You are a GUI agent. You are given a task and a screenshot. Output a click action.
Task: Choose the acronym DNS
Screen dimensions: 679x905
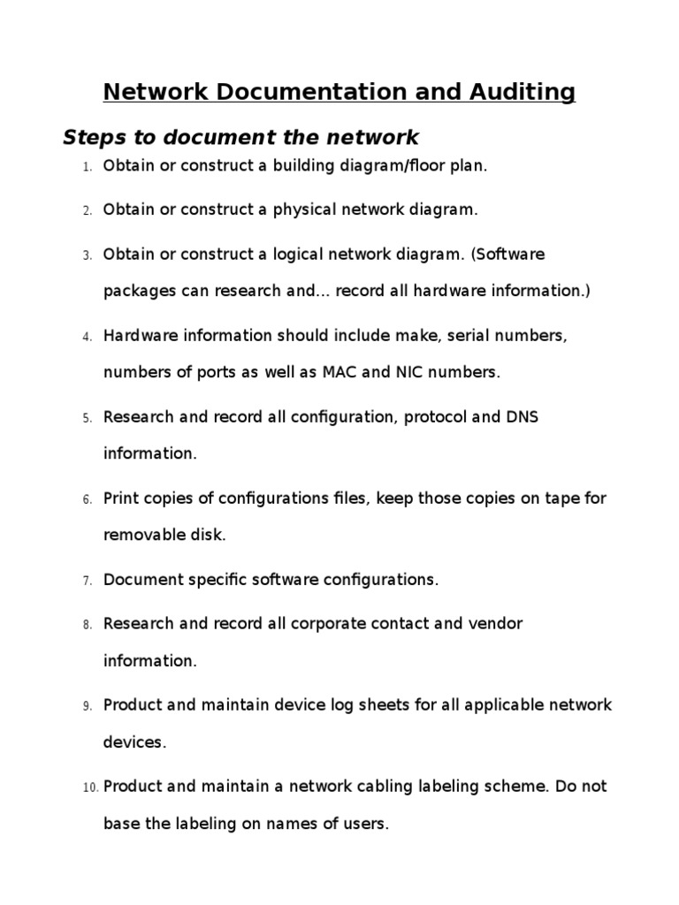522,416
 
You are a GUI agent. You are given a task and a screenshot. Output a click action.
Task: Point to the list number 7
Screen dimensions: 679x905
88,581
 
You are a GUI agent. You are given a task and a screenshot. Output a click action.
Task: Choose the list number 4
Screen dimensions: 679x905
88,337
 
